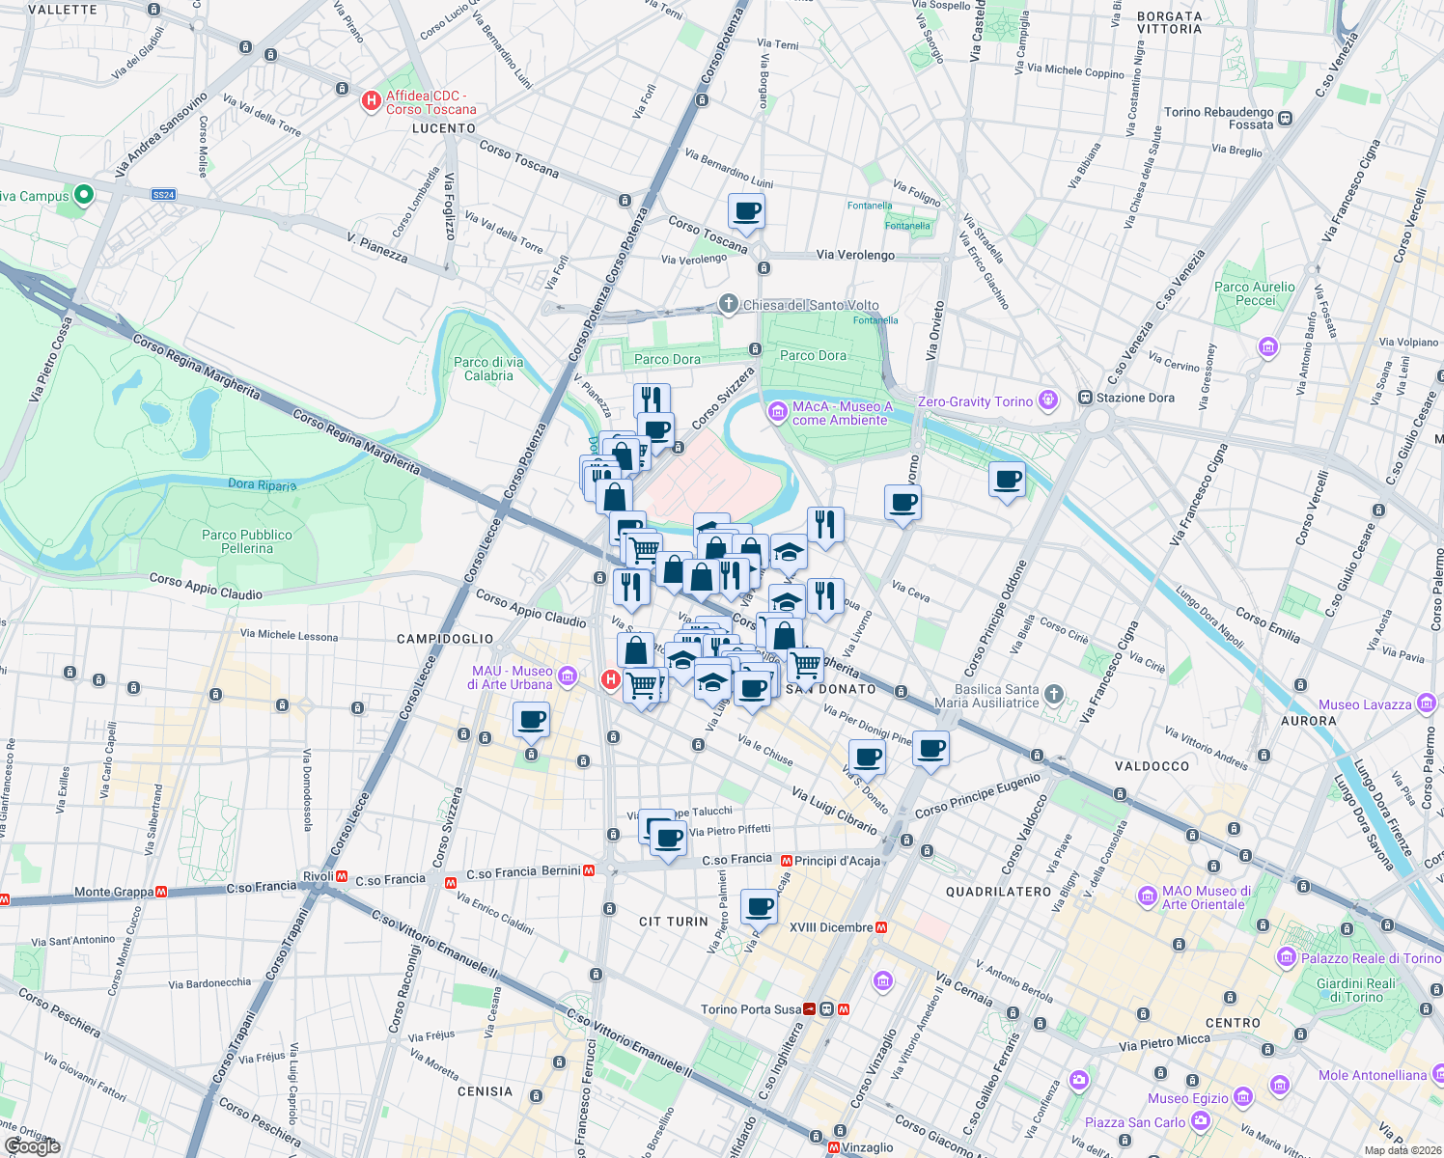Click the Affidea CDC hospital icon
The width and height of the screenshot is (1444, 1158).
pyautogui.click(x=371, y=101)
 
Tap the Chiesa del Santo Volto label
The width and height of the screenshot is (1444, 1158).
pyautogui.click(x=811, y=305)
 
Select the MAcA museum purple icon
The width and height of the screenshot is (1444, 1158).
pyautogui.click(x=777, y=413)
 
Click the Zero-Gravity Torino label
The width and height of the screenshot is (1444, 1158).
pyautogui.click(x=975, y=401)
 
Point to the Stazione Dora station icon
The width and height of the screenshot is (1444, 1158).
pyautogui.click(x=1085, y=398)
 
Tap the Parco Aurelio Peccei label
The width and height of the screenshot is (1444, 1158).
pyautogui.click(x=1255, y=293)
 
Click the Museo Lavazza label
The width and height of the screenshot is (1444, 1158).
pyautogui.click(x=1365, y=704)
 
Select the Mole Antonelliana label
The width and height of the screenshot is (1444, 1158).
pyautogui.click(x=1372, y=1075)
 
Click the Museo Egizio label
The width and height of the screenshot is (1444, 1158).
pyautogui.click(x=1187, y=1098)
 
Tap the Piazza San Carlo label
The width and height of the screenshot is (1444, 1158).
pyautogui.click(x=1135, y=1122)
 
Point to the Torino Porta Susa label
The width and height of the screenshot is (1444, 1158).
pyautogui.click(x=751, y=1009)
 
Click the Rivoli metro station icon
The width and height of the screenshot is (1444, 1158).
pyautogui.click(x=341, y=876)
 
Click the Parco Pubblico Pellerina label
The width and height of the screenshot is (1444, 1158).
pyautogui.click(x=247, y=541)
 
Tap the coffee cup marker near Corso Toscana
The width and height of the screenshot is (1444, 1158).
pyautogui.click(x=746, y=211)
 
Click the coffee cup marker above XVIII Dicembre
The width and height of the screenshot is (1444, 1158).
pyautogui.click(x=760, y=907)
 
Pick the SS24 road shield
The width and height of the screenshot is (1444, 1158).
pyautogui.click(x=163, y=195)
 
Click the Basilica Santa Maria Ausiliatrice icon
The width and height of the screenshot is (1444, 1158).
pyautogui.click(x=1054, y=694)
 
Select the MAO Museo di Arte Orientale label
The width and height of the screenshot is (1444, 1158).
pyautogui.click(x=1207, y=897)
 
